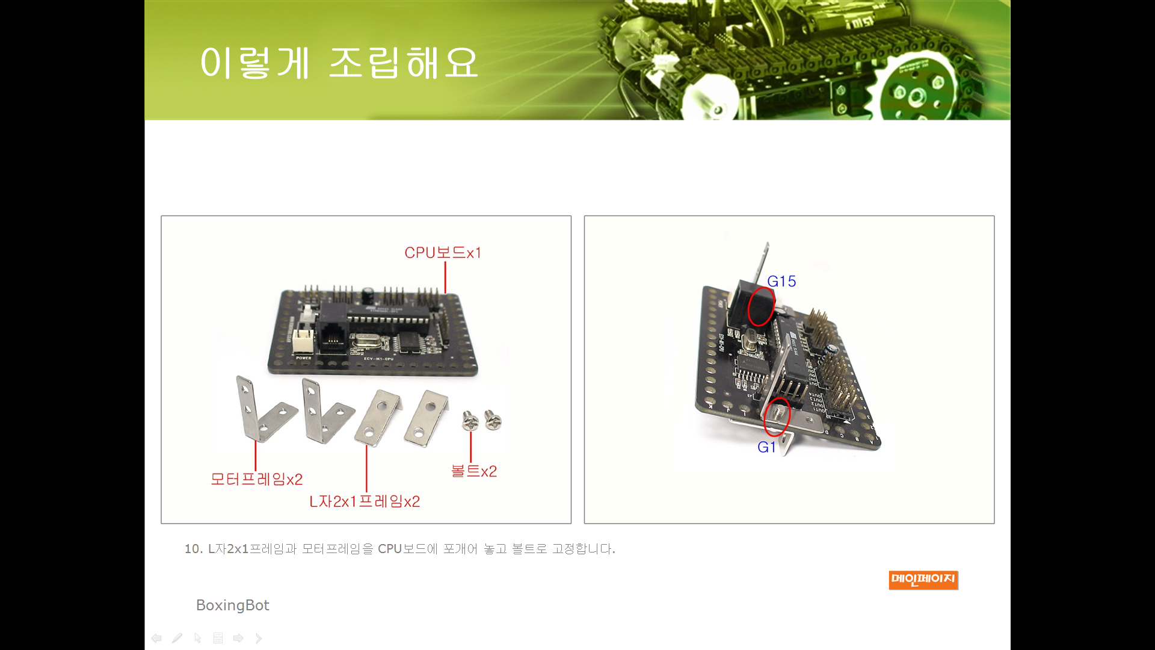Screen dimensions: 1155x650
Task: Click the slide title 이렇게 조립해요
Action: coord(339,63)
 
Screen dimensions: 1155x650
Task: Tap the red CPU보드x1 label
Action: coord(443,253)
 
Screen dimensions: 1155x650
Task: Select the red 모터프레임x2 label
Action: coord(256,479)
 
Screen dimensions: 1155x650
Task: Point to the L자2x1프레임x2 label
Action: coord(365,501)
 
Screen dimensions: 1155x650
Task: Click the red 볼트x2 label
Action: coord(474,471)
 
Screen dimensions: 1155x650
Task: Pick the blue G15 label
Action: coord(781,281)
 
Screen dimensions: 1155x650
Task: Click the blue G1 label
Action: coord(766,447)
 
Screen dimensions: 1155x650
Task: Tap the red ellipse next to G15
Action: coord(761,306)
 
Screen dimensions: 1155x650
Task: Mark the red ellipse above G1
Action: coord(777,416)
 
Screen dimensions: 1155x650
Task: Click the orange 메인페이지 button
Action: coord(923,580)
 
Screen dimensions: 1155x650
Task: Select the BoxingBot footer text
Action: coord(232,605)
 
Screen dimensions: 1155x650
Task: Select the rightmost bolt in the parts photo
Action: coord(493,420)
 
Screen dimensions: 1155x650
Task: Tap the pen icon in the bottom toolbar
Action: coord(177,638)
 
